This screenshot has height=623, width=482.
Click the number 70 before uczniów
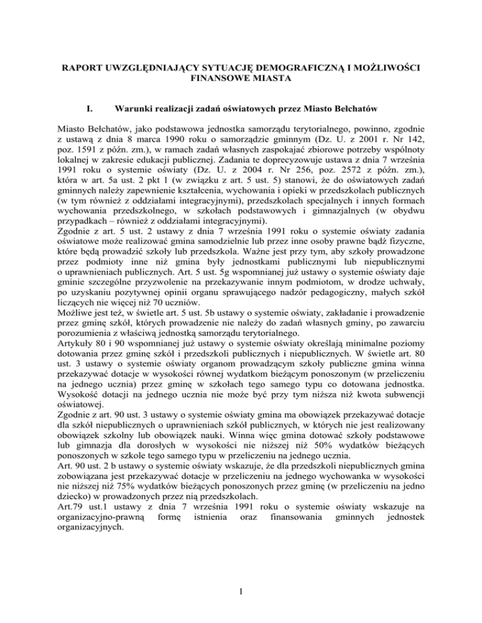point(159,286)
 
